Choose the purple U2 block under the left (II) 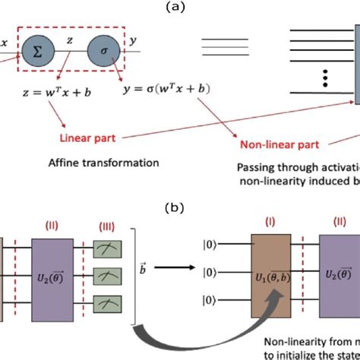tap(52, 273)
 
